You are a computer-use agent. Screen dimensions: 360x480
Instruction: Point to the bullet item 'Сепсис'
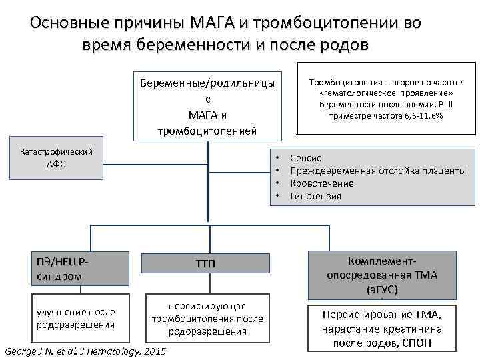coord(306,158)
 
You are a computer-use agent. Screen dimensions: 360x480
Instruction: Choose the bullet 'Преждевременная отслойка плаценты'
coord(378,171)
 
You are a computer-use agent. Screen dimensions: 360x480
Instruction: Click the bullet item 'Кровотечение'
coord(322,183)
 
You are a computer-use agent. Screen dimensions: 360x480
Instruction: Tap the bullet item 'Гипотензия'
coord(316,196)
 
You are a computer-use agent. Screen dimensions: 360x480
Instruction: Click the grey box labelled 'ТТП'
coord(206,265)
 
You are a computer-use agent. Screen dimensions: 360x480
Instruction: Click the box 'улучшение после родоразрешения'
coord(77,318)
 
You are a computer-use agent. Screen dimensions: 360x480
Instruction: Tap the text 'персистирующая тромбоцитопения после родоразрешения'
coord(207,318)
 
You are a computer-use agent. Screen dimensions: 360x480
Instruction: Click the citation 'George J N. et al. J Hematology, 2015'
coord(85,351)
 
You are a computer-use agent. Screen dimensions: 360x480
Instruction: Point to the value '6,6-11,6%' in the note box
coord(420,116)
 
